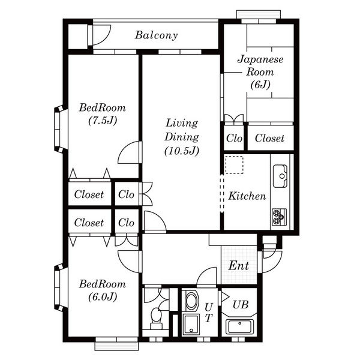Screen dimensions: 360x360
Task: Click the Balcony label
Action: point(157,35)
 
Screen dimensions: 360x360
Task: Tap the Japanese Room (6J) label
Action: point(260,72)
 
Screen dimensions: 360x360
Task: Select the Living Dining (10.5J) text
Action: point(182,137)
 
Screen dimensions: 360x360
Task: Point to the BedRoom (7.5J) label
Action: point(103,114)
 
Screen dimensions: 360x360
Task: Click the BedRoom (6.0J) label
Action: point(103,290)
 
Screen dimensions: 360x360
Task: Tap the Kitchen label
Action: point(247,196)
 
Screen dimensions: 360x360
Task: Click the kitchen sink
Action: point(280,176)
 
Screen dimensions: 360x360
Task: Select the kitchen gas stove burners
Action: point(279,217)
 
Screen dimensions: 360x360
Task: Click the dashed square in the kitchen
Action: point(234,164)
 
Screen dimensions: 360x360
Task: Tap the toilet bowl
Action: point(157,317)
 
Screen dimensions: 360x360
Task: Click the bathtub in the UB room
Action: point(240,326)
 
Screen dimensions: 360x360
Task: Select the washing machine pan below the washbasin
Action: point(191,324)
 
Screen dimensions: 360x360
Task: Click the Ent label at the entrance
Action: point(239,266)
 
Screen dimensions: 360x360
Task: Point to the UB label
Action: point(241,304)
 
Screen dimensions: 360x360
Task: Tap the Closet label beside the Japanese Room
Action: point(269,138)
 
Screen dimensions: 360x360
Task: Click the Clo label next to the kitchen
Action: point(234,138)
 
